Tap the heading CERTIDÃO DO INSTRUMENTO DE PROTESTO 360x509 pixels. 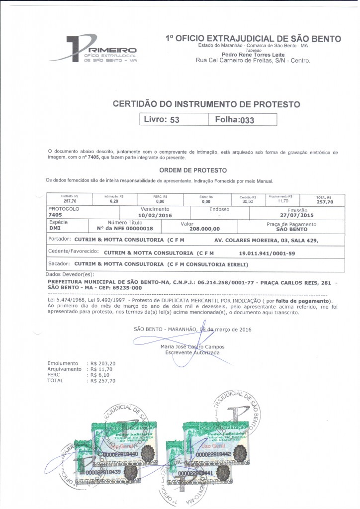(x=206, y=104)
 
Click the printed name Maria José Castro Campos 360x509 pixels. (x=192, y=346)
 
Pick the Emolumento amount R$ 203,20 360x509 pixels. (x=102, y=363)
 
